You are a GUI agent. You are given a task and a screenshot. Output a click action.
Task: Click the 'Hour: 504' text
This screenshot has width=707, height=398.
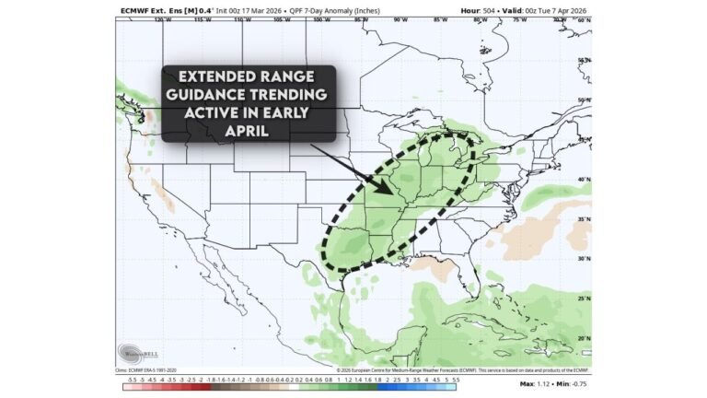pos(477,10)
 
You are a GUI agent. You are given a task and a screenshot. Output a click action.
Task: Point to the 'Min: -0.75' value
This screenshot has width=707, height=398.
pos(573,382)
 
